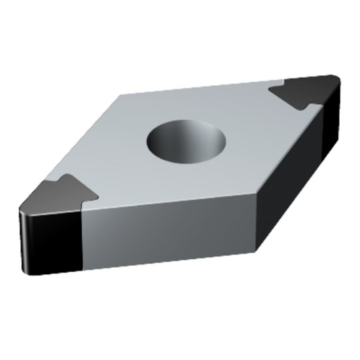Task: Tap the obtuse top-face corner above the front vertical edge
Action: pos(258,194)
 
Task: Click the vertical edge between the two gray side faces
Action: pos(258,223)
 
